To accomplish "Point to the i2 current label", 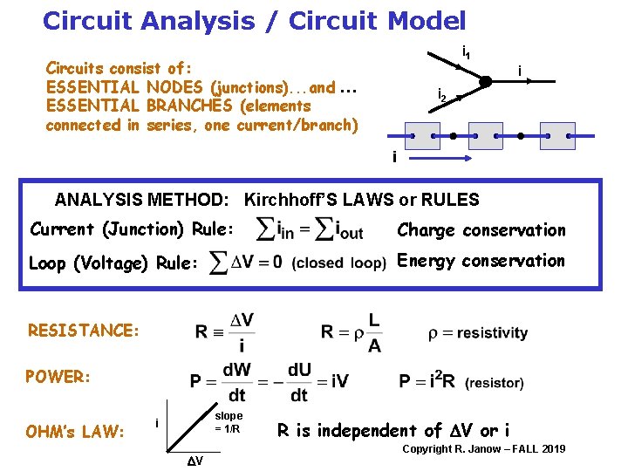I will [x=443, y=96].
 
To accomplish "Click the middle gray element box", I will [x=486, y=138].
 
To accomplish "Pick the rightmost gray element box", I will [x=557, y=138].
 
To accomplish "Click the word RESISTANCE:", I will [x=84, y=331].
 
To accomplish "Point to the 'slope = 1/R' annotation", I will [x=229, y=423].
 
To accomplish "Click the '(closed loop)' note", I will [x=339, y=263].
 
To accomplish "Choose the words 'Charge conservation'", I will [x=481, y=230].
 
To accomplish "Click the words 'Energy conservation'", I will [x=481, y=261].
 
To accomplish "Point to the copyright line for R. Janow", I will [x=483, y=449].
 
